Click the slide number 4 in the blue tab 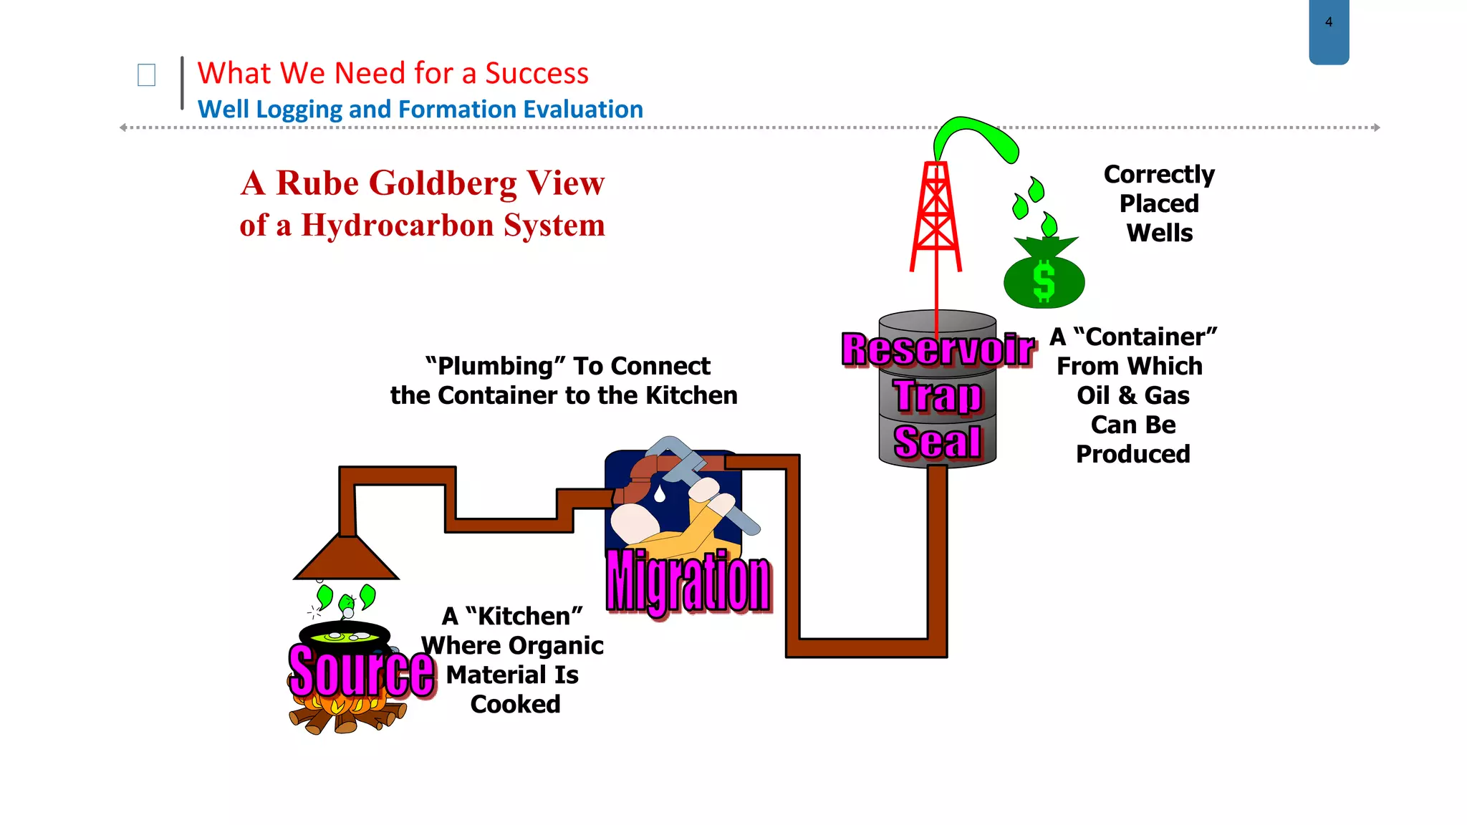(x=1329, y=22)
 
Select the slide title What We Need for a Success (x=393, y=73)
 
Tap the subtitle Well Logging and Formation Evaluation (x=420, y=110)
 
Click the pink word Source (x=362, y=671)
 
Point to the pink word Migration (x=688, y=582)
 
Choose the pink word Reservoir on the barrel (x=938, y=349)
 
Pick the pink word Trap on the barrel (x=938, y=395)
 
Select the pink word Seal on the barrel (x=938, y=441)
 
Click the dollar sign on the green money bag (x=1044, y=281)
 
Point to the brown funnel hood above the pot (x=347, y=559)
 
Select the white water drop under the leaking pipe (x=660, y=493)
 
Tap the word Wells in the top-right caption (x=1160, y=233)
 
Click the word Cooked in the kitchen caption (x=515, y=705)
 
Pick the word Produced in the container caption (x=1133, y=454)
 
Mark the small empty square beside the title (x=146, y=75)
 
